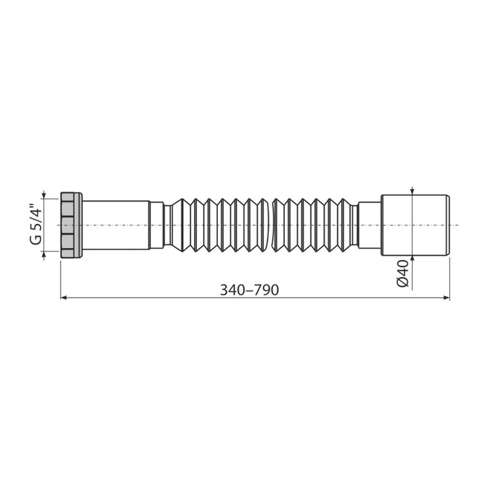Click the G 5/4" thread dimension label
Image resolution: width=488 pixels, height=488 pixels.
36,224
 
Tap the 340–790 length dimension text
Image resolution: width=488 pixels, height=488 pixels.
250,290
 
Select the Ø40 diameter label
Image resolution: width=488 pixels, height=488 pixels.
403,274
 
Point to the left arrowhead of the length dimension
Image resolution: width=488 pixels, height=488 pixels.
63,298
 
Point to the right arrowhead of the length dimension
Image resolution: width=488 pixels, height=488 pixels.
446,298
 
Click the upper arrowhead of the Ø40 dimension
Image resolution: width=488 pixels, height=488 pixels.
412,191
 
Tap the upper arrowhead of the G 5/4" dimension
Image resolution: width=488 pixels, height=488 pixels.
44,194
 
